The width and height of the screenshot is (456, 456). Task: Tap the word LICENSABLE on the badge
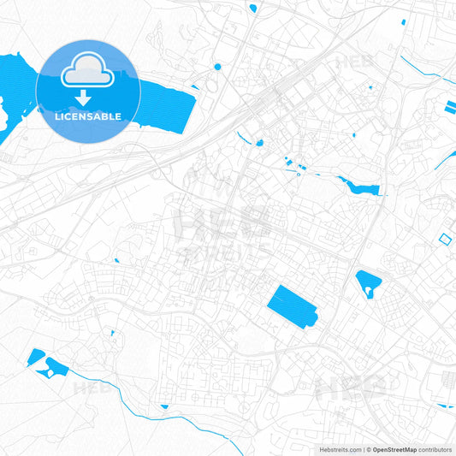(x=87, y=115)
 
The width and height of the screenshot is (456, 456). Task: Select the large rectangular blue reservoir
(x=291, y=305)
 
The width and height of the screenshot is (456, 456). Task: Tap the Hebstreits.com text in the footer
(x=340, y=448)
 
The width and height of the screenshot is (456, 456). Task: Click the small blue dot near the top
(x=217, y=67)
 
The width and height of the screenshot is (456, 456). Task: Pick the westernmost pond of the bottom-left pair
(x=36, y=357)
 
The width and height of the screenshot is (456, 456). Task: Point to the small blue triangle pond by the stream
(x=164, y=406)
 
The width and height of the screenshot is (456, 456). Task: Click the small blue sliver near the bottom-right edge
(x=445, y=405)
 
